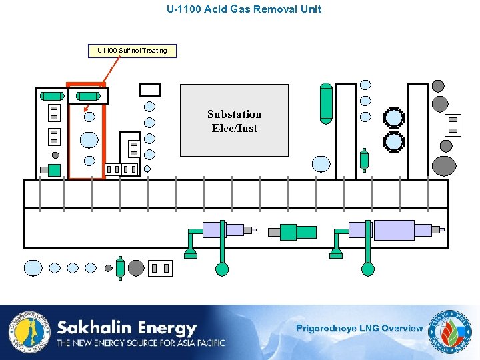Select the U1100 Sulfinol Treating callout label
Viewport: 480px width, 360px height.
tap(132, 51)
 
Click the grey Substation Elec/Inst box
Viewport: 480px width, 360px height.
tap(234, 120)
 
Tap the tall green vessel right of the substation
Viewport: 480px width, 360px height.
tap(325, 103)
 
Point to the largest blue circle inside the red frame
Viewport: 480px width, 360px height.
tap(89, 139)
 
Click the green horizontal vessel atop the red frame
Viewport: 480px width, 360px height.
tap(89, 97)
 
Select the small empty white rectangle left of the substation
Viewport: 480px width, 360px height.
tap(150, 89)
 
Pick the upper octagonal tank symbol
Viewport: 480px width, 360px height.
tap(394, 118)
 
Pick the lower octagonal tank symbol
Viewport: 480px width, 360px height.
tap(394, 141)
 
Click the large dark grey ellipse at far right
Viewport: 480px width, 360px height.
tap(444, 165)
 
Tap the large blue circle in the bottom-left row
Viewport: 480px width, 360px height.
tap(33, 268)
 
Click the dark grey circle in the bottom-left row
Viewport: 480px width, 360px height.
tap(136, 268)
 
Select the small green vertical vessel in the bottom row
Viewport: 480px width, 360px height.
tap(120, 267)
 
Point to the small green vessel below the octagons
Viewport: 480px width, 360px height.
tap(364, 160)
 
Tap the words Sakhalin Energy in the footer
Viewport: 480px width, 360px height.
tap(127, 328)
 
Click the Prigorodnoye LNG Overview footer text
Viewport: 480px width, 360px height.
tap(359, 328)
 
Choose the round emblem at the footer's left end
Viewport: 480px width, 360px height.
tap(29, 331)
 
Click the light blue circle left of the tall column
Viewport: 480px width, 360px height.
tap(321, 164)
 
